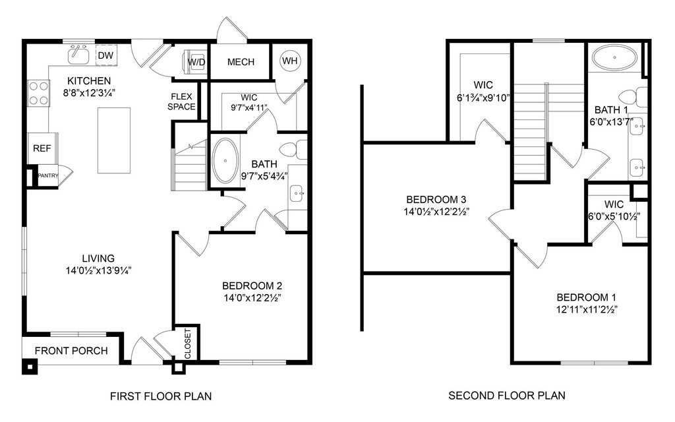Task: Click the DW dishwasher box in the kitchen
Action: pyautogui.click(x=106, y=55)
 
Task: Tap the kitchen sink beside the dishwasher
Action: pyautogui.click(x=78, y=54)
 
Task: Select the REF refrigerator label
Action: pyautogui.click(x=42, y=148)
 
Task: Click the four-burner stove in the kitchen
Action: pyautogui.click(x=39, y=94)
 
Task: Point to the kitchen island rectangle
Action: pyautogui.click(x=114, y=140)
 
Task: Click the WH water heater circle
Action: pyautogui.click(x=290, y=61)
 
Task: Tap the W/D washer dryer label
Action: pyautogui.click(x=196, y=63)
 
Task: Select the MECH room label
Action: pyautogui.click(x=241, y=62)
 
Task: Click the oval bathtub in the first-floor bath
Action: pyautogui.click(x=226, y=161)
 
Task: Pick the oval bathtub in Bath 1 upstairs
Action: pyautogui.click(x=614, y=57)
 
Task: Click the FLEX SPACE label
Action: pyautogui.click(x=181, y=102)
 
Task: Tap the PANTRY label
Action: pyautogui.click(x=47, y=175)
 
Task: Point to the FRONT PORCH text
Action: pyautogui.click(x=71, y=351)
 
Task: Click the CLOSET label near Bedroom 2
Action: pyautogui.click(x=188, y=344)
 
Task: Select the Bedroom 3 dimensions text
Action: pyautogui.click(x=436, y=212)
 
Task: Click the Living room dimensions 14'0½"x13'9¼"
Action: pyautogui.click(x=99, y=270)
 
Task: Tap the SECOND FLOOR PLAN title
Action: pyautogui.click(x=507, y=396)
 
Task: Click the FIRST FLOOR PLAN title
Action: pyautogui.click(x=161, y=396)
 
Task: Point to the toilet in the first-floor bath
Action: pyautogui.click(x=293, y=150)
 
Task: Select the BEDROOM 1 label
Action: pyautogui.click(x=586, y=297)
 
